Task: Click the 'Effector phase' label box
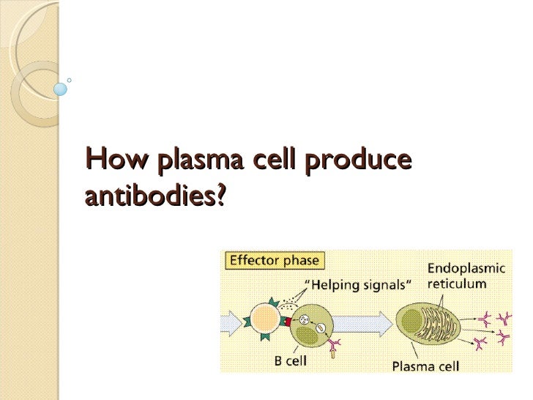click(275, 260)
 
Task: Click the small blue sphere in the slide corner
click(61, 89)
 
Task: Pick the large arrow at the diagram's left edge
click(232, 320)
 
